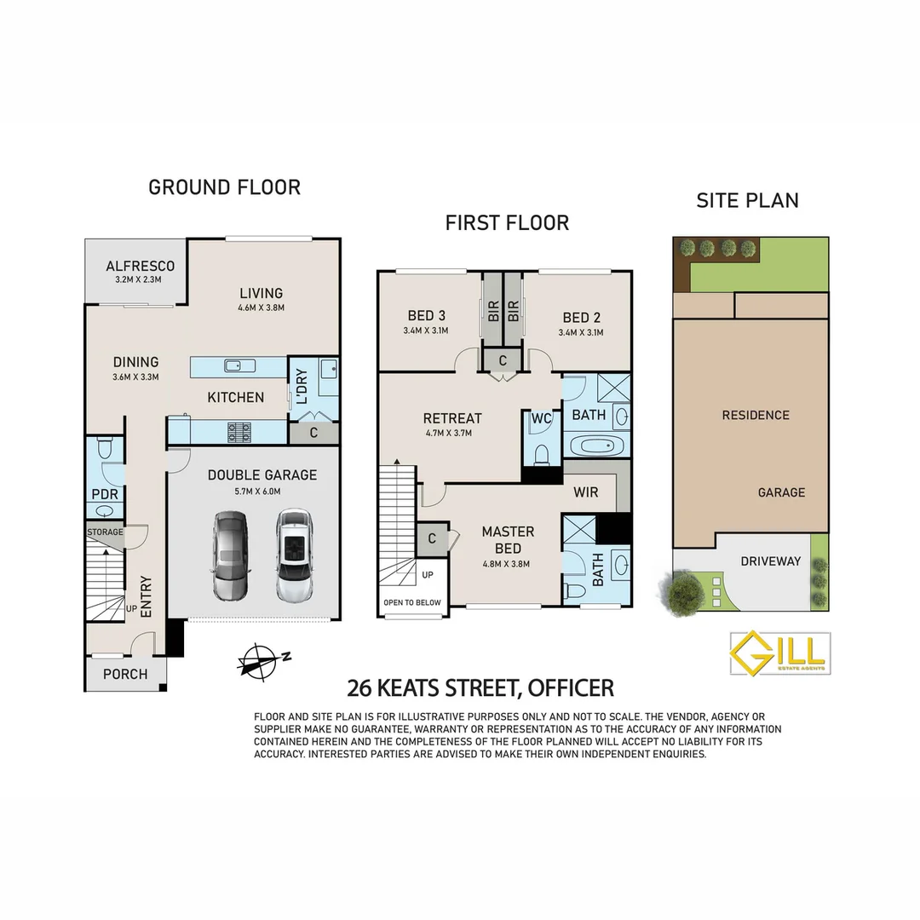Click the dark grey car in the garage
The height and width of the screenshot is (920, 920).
coord(229,555)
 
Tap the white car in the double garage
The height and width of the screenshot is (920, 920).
coord(291,555)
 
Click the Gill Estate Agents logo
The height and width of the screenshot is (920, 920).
coord(779,653)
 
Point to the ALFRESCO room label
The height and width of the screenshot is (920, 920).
coord(141,267)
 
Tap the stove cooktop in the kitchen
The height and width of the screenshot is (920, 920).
coord(239,432)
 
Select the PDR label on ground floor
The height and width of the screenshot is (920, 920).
coord(105,494)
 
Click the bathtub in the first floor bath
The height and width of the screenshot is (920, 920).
coord(595,446)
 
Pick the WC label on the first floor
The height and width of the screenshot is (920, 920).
coord(542,419)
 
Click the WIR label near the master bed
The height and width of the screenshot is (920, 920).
coord(586,492)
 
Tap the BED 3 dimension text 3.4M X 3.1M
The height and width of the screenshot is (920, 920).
coord(427,331)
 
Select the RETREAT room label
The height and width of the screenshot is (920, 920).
coord(452,418)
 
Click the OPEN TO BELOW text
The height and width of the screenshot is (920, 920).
coord(411,602)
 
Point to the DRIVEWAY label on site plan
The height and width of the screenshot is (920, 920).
coord(770,561)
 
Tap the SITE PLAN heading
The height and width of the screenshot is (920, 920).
coord(747,201)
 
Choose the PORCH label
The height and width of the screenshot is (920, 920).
coord(125,674)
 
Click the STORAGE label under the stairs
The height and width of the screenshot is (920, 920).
coord(105,532)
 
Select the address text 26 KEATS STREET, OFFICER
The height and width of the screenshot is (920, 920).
coord(480,687)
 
